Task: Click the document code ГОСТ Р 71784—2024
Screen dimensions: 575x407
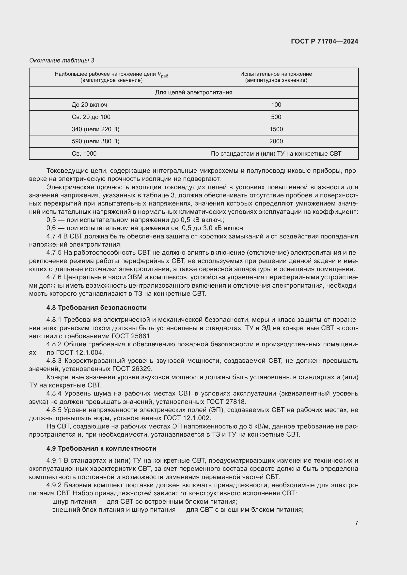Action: click(325, 41)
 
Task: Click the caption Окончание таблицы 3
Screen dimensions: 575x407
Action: click(62, 60)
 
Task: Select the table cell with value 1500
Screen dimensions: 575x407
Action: click(276, 129)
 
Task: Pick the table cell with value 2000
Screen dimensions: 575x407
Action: click(276, 141)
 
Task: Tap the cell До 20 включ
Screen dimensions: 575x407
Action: click(89, 105)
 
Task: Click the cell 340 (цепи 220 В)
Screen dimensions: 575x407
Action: click(95, 129)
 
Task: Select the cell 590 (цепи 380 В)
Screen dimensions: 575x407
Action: click(95, 141)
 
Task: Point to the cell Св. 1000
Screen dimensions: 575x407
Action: click(84, 153)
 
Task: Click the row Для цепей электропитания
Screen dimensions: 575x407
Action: click(193, 92)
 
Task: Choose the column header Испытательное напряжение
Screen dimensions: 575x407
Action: click(276, 77)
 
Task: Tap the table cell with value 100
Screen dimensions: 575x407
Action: click(276, 105)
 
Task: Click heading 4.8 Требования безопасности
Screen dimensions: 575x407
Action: click(96, 308)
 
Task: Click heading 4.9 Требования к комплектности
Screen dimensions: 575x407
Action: click(101, 448)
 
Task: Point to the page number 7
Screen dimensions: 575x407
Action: click(356, 523)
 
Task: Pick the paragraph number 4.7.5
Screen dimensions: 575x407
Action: click(54, 253)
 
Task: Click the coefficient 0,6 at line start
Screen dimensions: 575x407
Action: click(51, 228)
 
